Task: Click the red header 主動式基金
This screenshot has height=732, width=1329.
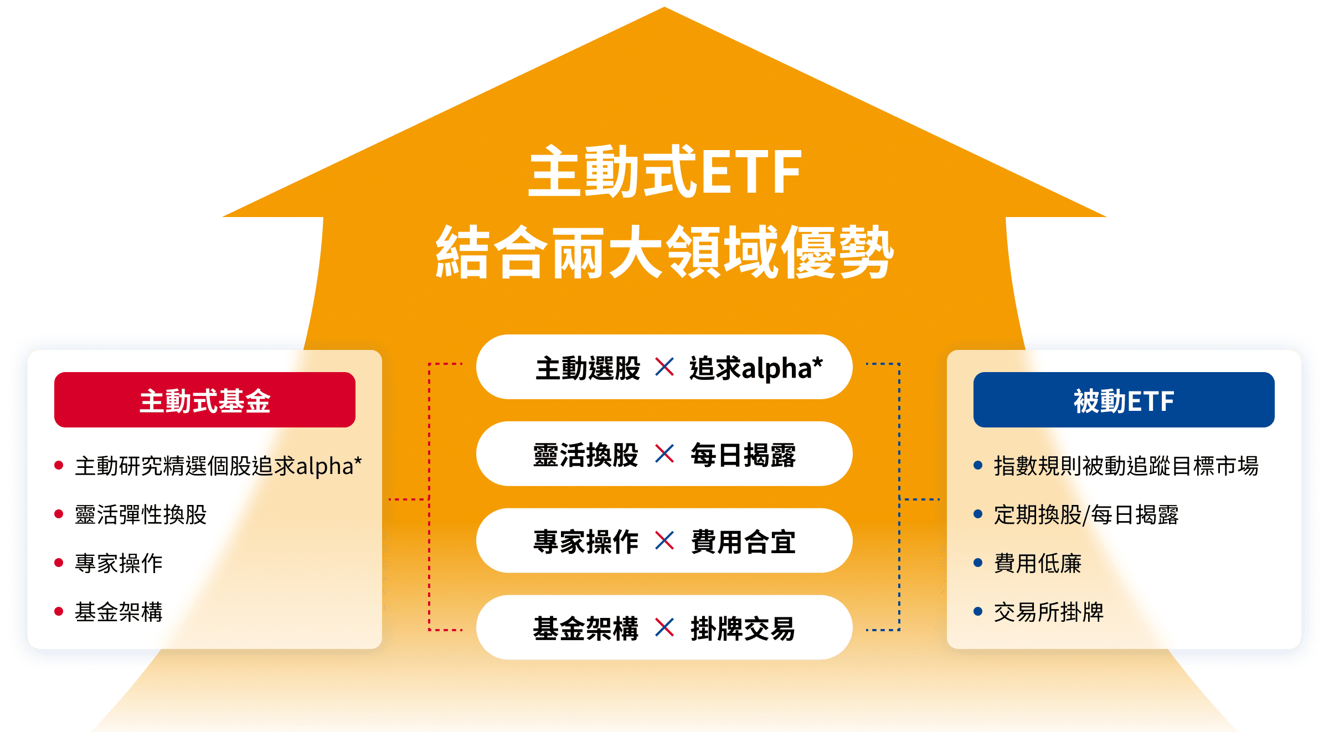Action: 205,400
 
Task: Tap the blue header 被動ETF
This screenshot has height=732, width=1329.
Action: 1124,400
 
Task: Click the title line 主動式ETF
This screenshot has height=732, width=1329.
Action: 664,172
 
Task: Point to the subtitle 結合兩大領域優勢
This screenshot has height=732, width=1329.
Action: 664,252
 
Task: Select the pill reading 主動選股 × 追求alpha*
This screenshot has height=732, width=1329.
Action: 664,367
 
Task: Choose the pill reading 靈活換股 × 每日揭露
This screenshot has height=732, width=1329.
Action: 664,453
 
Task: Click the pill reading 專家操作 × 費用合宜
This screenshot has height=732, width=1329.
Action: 664,540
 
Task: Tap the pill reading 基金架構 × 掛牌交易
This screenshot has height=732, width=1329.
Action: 664,627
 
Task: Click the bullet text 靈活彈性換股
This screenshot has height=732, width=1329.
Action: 141,514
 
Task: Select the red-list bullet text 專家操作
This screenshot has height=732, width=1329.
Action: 119,563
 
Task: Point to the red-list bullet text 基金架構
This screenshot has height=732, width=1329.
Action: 119,612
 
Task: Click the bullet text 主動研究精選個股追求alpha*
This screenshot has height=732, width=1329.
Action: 218,466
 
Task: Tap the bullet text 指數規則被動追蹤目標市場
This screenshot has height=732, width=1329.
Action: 1126,466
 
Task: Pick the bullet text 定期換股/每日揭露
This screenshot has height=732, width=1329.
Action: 1086,514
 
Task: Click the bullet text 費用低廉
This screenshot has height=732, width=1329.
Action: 1038,563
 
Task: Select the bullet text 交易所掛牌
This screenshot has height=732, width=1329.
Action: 1049,612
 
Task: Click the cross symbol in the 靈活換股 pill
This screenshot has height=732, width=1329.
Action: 664,453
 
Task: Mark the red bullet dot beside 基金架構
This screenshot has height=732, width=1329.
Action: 59,611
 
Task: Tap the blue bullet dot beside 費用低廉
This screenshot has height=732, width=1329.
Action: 978,563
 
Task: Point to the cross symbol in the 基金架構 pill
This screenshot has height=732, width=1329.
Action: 664,627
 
